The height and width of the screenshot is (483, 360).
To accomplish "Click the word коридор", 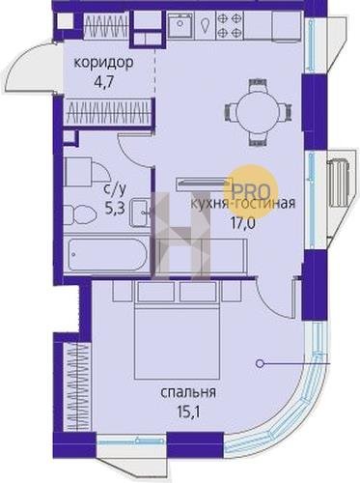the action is click(x=103, y=63).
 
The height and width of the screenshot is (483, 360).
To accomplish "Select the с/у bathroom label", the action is click(x=114, y=191).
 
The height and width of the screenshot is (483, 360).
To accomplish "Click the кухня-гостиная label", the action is click(x=243, y=204).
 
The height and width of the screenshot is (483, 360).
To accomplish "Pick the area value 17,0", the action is click(x=242, y=222).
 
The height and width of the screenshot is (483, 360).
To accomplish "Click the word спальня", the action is click(x=188, y=393).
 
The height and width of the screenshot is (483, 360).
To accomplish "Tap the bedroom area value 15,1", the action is click(x=188, y=412).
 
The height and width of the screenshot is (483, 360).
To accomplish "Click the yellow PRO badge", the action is click(x=251, y=191).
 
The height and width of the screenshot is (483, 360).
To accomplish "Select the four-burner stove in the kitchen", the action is click(x=230, y=24).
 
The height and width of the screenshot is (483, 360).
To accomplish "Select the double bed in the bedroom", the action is click(x=177, y=344).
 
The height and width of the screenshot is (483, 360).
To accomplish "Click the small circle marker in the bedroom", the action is click(x=259, y=364).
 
